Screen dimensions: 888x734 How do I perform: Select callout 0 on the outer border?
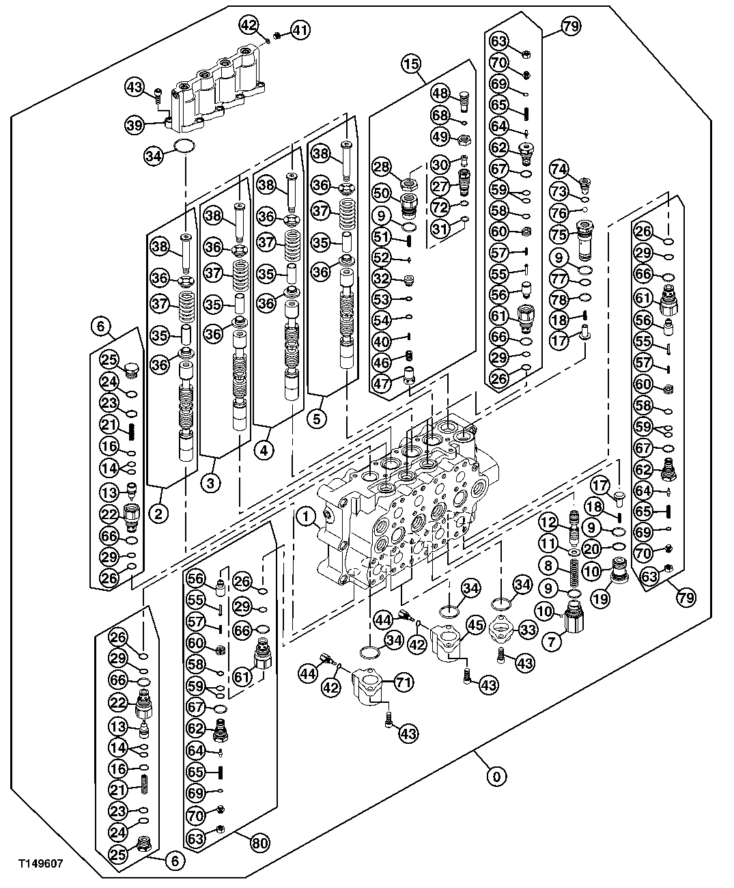click(497, 776)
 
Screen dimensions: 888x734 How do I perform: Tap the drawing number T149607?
click(41, 863)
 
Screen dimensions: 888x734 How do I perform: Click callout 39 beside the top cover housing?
click(135, 124)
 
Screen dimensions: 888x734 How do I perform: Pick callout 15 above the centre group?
click(411, 65)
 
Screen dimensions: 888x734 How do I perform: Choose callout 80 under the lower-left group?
click(259, 843)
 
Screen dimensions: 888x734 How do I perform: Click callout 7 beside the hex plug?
click(551, 641)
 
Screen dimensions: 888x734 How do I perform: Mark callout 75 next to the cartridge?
click(559, 234)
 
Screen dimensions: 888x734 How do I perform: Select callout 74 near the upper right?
click(559, 169)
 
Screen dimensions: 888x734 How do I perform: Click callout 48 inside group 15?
click(439, 94)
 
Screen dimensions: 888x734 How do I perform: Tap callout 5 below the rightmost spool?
click(316, 419)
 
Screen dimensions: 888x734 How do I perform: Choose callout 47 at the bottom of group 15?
click(380, 383)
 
